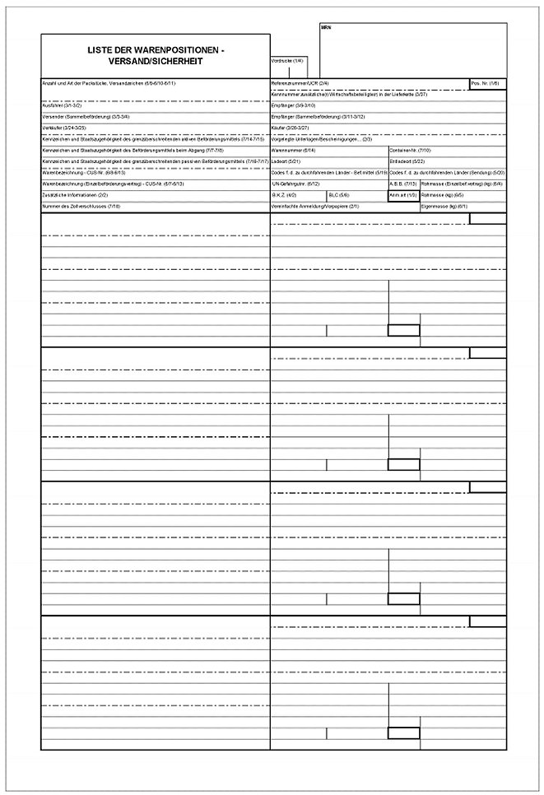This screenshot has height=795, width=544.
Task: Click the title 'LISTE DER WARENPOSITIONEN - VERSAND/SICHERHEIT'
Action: click(x=156, y=55)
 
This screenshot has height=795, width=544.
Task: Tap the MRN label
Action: click(x=325, y=27)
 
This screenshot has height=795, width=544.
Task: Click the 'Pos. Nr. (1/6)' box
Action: click(x=485, y=83)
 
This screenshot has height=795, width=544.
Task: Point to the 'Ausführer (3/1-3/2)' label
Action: click(x=62, y=105)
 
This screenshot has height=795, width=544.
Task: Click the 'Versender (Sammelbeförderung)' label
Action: click(x=86, y=117)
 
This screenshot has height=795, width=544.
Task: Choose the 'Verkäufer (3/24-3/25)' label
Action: click(x=63, y=128)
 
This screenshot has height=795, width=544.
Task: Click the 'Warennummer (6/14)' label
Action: click(x=294, y=151)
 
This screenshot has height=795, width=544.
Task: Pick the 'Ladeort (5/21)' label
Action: click(x=286, y=162)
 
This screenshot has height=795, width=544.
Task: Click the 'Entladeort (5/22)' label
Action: click(x=406, y=162)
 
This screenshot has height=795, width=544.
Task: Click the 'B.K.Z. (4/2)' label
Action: click(x=285, y=195)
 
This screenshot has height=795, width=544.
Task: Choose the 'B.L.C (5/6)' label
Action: click(x=339, y=195)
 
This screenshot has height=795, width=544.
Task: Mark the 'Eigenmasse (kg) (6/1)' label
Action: click(x=444, y=206)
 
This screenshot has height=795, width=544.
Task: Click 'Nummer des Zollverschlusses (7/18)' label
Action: click(x=81, y=206)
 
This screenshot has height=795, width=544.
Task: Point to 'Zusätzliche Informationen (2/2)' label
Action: click(x=75, y=195)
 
